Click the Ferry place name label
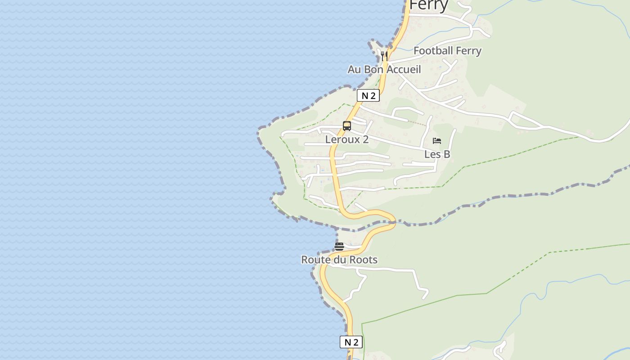click(x=429, y=5)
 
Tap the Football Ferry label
click(x=447, y=51)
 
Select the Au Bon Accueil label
click(x=384, y=69)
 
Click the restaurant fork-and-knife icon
click(x=384, y=56)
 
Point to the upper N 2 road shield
click(x=368, y=95)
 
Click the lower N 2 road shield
click(x=351, y=342)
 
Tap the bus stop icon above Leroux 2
click(x=347, y=126)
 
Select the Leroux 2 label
click(x=347, y=139)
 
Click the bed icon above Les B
click(x=436, y=141)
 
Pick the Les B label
click(x=437, y=154)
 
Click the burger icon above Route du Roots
click(x=339, y=246)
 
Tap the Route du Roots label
click(x=339, y=260)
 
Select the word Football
click(x=433, y=51)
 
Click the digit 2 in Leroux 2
click(x=365, y=139)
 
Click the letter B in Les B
click(x=446, y=154)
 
